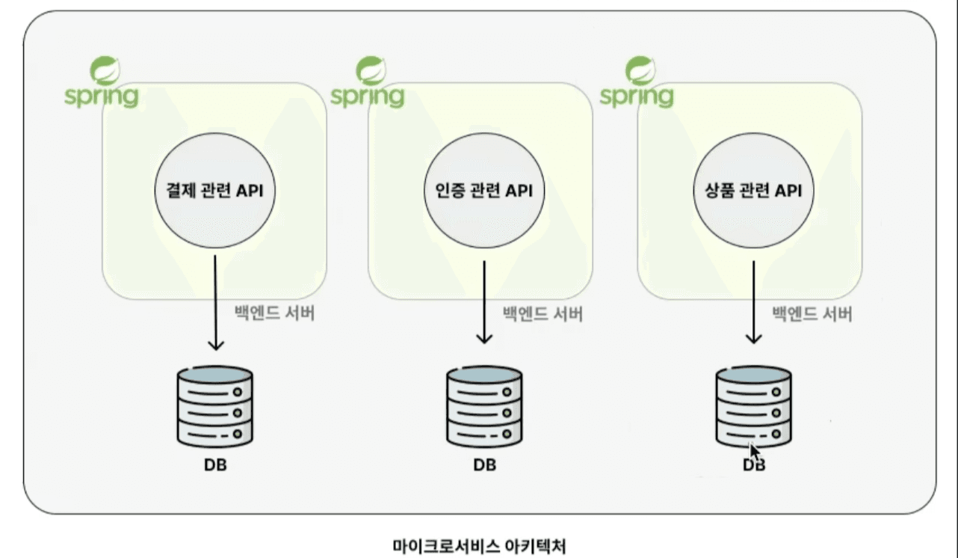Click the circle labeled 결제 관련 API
(215, 191)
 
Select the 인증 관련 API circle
(484, 191)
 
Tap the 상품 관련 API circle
(753, 191)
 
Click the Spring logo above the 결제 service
(102, 82)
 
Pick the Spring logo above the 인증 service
(368, 82)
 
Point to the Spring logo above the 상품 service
(637, 82)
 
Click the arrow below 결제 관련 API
(215, 303)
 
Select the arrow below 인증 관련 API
(484, 302)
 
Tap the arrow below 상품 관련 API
(753, 302)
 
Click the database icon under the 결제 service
(215, 406)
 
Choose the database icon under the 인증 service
(484, 406)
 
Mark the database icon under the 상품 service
(753, 406)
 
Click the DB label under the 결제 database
(215, 465)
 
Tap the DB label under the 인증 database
(484, 465)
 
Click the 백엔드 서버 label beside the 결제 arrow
(274, 313)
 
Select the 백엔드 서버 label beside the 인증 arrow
(543, 314)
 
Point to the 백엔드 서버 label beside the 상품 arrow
(812, 314)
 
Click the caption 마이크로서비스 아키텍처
(480, 546)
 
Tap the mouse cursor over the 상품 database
(755, 453)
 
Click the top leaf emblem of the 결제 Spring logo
(105, 70)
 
